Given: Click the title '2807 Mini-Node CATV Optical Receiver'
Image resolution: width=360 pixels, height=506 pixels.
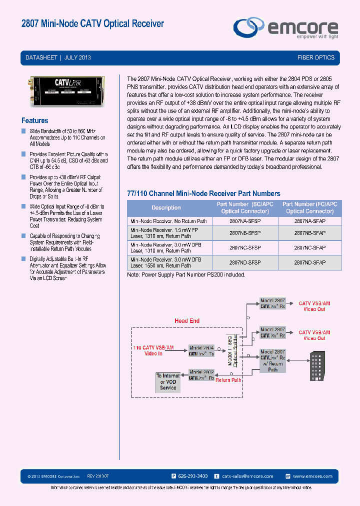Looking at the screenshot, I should tap(93, 23).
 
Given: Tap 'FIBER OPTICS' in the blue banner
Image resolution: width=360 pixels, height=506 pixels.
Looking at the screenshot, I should tap(315, 57).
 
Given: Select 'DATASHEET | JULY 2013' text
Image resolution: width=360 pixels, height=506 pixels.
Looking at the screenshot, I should tap(58, 57).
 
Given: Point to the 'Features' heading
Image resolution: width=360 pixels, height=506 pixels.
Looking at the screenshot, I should tap(35, 120).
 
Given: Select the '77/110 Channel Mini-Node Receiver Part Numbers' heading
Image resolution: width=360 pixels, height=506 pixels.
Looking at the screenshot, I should tap(203, 193).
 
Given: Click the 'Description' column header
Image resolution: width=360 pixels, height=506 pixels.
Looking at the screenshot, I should tap(166, 207).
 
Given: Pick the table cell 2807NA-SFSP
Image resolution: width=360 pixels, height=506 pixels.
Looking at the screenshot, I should tap(245, 220).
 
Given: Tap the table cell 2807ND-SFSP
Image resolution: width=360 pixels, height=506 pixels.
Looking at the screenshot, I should tap(245, 262).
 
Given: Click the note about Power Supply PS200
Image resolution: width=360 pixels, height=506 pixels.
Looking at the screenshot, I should tap(186, 274).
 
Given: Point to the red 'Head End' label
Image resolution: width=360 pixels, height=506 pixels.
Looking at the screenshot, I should tap(187, 320).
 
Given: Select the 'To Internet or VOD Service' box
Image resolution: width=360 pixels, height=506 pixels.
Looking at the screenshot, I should tap(168, 381).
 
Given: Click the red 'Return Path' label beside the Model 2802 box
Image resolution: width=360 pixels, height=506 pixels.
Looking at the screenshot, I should tap(228, 380).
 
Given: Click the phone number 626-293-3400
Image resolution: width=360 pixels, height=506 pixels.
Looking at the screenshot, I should tap(189, 476).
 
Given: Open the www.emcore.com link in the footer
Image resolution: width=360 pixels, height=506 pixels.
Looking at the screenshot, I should tap(312, 476).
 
